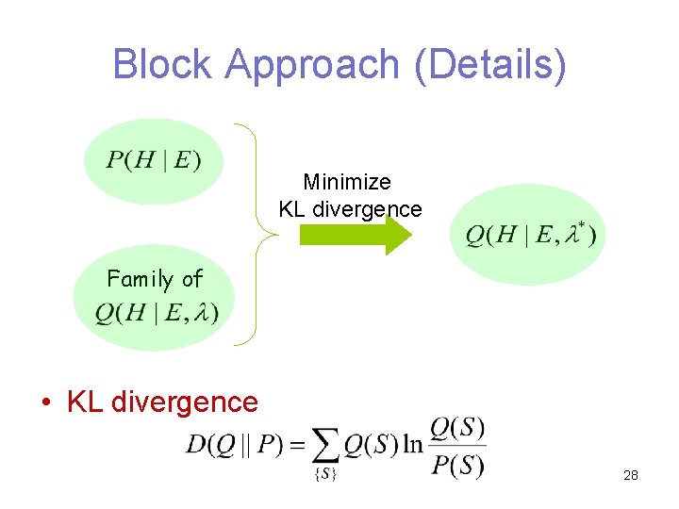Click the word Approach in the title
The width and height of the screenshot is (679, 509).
click(x=312, y=64)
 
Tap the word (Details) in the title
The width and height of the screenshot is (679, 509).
click(x=489, y=64)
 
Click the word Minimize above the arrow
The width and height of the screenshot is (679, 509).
click(x=347, y=181)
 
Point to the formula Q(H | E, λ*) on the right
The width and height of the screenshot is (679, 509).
click(x=530, y=235)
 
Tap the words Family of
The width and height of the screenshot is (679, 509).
click(x=154, y=279)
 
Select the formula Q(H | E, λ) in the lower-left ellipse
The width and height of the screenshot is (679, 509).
click(x=156, y=312)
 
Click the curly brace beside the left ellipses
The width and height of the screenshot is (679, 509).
click(x=256, y=235)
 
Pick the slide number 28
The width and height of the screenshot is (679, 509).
click(x=631, y=475)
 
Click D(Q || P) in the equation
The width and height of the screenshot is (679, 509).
click(x=235, y=444)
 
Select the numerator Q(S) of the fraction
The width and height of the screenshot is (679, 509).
click(x=457, y=428)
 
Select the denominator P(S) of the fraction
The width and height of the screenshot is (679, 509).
click(x=457, y=465)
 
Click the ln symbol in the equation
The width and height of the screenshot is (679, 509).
click(x=413, y=444)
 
